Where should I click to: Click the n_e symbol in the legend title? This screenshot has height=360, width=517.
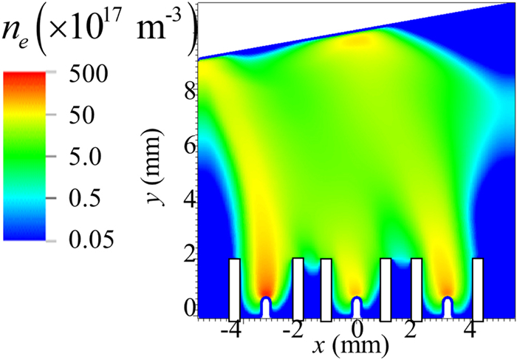point(17,35)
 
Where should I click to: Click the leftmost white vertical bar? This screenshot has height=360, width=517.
point(234,288)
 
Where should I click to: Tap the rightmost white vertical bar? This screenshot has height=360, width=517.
point(477,288)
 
